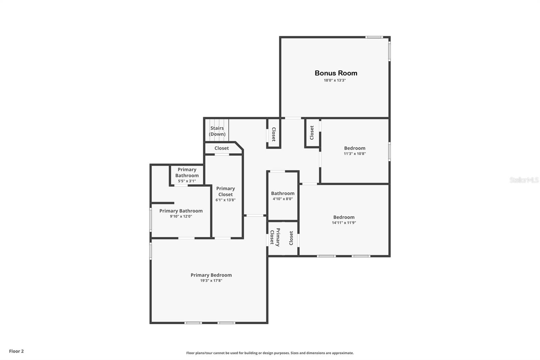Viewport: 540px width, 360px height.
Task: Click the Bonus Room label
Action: click(x=336, y=73)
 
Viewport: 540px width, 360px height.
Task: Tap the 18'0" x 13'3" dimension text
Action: click(x=335, y=80)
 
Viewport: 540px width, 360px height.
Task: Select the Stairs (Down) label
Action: click(x=217, y=131)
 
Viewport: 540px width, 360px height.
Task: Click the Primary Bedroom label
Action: click(x=211, y=275)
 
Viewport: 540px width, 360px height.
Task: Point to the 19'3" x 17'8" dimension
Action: click(x=211, y=281)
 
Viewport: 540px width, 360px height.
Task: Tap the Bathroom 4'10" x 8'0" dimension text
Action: click(x=283, y=199)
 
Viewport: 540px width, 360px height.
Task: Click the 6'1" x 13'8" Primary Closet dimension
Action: click(x=225, y=200)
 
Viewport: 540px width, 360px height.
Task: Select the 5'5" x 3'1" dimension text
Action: click(x=187, y=181)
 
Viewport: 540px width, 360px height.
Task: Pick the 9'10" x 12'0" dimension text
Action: click(x=181, y=216)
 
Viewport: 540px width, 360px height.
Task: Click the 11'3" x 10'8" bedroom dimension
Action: click(x=355, y=154)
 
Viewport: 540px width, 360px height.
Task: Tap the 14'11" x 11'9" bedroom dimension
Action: click(x=344, y=223)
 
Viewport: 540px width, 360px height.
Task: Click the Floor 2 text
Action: click(x=16, y=351)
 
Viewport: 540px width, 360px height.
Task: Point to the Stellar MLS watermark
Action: click(x=524, y=180)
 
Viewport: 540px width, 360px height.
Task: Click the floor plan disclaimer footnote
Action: click(x=270, y=353)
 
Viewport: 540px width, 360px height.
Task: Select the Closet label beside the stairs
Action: click(x=221, y=148)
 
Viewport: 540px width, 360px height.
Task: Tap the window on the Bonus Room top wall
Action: click(x=374, y=37)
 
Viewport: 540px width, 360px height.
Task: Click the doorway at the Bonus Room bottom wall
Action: click(x=293, y=118)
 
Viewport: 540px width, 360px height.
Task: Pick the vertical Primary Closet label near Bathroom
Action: click(x=275, y=237)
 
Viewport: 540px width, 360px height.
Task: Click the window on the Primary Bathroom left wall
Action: click(x=151, y=220)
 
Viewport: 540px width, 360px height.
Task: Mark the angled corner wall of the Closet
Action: click(x=239, y=146)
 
